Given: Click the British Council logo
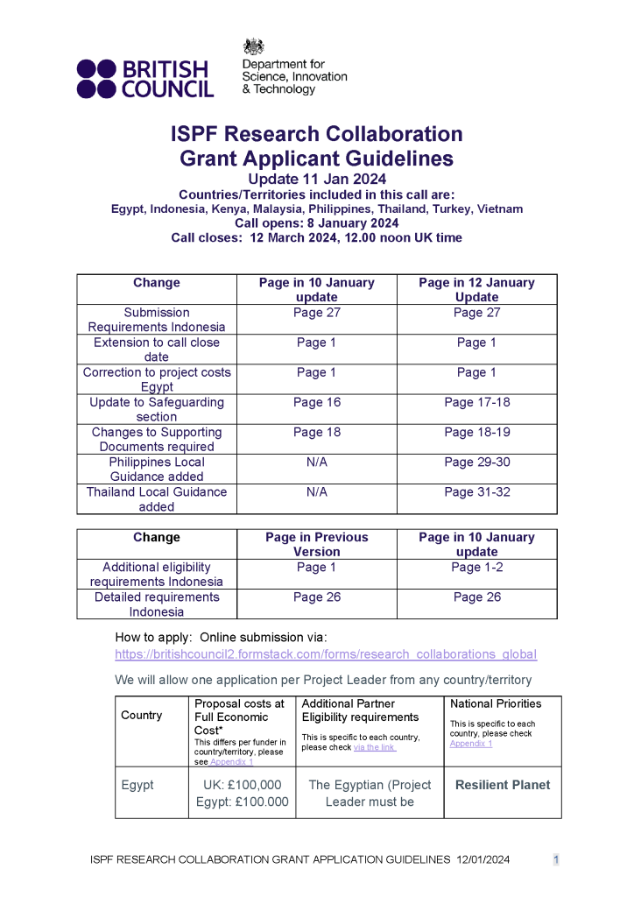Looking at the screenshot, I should coord(144,78).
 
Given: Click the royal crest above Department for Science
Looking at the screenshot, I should coord(253,47).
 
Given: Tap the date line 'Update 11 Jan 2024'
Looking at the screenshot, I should coord(317,180).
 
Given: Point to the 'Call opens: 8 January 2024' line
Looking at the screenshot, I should coord(317,223).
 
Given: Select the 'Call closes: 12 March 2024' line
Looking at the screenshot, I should coord(317,237).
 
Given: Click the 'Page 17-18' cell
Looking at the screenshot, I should coord(476,403).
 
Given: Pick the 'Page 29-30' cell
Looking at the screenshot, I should coord(476,463).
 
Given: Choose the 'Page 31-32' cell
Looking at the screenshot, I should coord(476,492).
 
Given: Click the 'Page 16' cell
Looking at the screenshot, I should coord(316,403).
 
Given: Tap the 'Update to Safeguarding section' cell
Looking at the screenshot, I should coord(157,410).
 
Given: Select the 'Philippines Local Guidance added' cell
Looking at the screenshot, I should coord(157,470).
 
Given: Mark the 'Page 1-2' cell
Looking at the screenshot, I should coord(476,568).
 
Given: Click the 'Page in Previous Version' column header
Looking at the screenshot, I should coord(316,545).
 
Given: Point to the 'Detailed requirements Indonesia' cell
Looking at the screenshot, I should coord(157,604).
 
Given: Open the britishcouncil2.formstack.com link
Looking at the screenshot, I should coord(326,654).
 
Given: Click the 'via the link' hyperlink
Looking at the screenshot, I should coord(375,747).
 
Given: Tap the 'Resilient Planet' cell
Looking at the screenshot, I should coord(503,785).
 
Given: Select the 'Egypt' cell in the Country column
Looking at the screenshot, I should coord(137,785).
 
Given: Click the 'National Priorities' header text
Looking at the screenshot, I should coord(496,703).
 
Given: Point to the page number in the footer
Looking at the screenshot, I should coord(555,860).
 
